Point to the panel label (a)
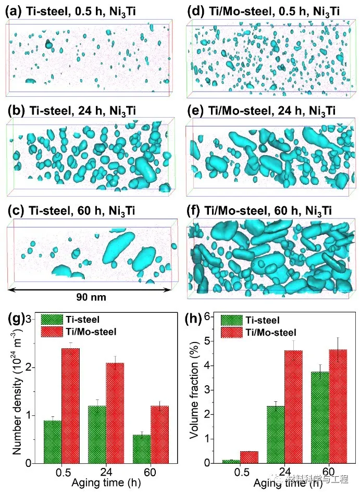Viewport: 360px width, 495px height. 11,9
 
